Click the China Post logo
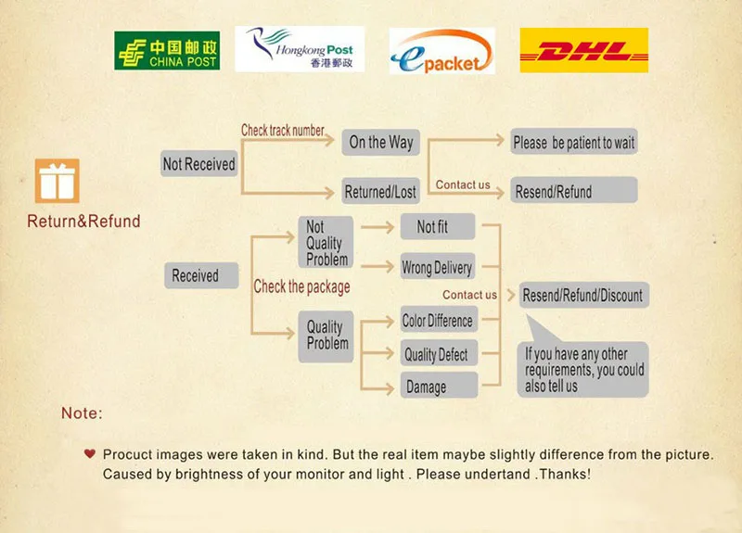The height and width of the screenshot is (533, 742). tap(167, 50)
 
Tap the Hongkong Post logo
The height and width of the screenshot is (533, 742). tap(300, 49)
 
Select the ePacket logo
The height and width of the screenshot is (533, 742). tap(441, 51)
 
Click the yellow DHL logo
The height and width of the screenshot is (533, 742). tap(583, 50)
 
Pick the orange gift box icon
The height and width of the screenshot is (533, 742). tap(58, 181)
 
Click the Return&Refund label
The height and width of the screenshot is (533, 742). tap(83, 222)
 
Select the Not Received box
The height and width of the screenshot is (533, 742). tap(199, 164)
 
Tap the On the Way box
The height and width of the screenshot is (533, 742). tap(380, 142)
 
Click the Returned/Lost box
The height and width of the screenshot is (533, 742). tap(380, 192)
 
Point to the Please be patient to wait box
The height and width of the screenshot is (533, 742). tap(574, 142)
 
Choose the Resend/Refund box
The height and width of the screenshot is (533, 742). tap(574, 192)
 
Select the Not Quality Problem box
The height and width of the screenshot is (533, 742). tap(326, 243)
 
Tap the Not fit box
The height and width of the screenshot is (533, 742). tap(438, 227)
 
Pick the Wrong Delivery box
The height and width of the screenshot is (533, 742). tap(438, 268)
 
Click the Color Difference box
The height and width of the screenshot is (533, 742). tap(438, 321)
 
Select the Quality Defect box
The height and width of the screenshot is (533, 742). tap(438, 354)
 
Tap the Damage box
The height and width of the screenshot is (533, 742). tap(438, 387)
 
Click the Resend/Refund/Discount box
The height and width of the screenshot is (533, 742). tap(582, 296)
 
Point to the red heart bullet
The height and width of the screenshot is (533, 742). tap(89, 454)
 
